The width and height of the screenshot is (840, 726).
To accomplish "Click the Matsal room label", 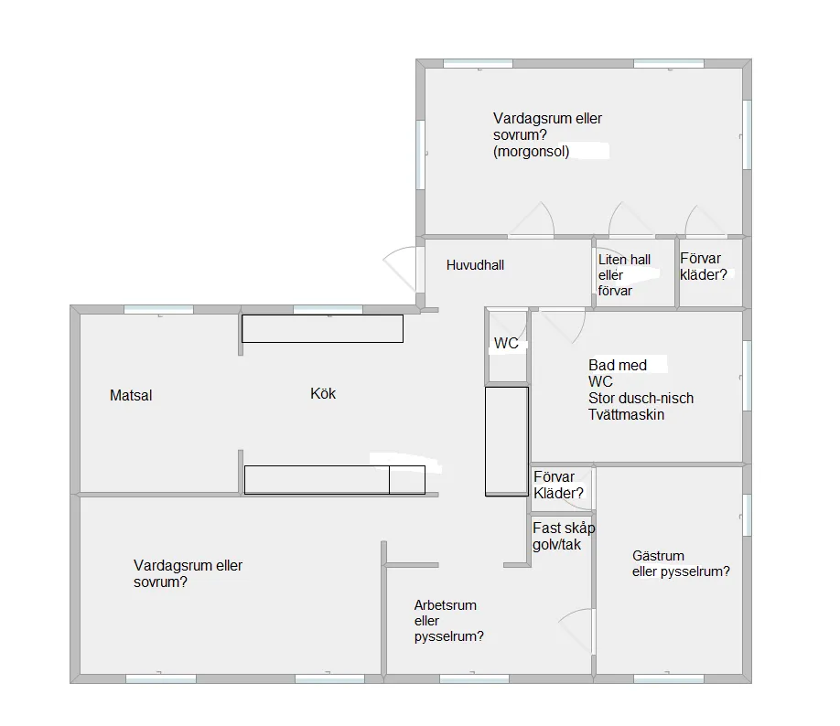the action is [x=131, y=396].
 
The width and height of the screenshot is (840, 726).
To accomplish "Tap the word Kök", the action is [x=323, y=393].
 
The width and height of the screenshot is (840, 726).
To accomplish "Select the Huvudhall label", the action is [x=475, y=265].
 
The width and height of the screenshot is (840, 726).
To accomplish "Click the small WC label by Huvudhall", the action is [x=506, y=343].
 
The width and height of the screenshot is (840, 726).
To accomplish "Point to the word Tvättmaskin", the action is [x=626, y=415].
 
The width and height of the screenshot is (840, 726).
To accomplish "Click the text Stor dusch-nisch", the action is [x=641, y=399].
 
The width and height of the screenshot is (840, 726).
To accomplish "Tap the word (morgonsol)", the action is [x=531, y=152].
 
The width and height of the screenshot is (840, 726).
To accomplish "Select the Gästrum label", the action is [x=658, y=556].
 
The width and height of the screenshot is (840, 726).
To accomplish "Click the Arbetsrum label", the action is [x=446, y=605].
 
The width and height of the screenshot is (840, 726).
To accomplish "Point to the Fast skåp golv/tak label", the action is [x=564, y=537].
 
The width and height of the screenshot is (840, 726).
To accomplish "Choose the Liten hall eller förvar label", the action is [x=624, y=275].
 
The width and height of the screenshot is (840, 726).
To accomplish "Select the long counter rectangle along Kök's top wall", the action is [x=322, y=329].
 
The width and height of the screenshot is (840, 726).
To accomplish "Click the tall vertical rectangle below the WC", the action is [x=507, y=441].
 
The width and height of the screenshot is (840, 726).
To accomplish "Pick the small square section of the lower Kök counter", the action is [x=407, y=480].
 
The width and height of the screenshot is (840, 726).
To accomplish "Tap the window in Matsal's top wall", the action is [x=158, y=309].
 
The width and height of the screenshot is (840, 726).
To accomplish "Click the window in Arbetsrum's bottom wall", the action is [x=474, y=678].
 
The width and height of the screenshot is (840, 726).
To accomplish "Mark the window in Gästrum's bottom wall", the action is [x=669, y=678].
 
